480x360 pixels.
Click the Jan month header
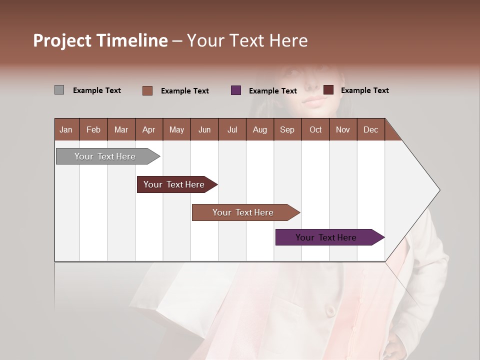[x=66, y=129]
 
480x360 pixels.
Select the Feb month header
[x=93, y=129]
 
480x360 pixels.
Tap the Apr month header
[x=148, y=129]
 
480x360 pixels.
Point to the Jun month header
[x=204, y=129]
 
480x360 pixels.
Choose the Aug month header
[x=259, y=129]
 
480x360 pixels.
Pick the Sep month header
[x=287, y=129]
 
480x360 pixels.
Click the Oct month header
[x=315, y=129]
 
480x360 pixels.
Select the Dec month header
[x=370, y=129]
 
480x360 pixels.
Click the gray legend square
[x=59, y=90]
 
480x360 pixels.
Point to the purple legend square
[x=236, y=90]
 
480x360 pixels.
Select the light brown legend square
[x=147, y=90]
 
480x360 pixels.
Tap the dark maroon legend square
[x=328, y=90]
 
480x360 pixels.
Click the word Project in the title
[x=62, y=40]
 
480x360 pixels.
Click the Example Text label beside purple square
[x=272, y=91]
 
